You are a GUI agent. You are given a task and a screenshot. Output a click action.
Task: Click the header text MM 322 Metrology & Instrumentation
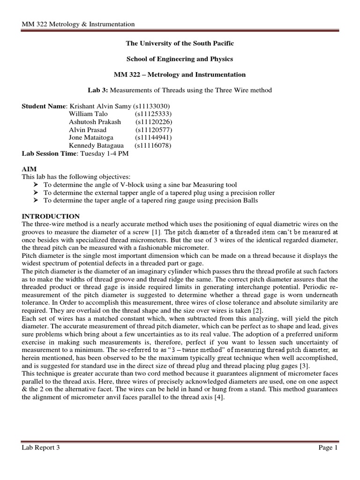[x=78, y=24]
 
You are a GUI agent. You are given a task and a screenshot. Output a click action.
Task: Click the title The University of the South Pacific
[x=180, y=43]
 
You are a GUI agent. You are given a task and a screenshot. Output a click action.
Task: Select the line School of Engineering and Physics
[x=180, y=59]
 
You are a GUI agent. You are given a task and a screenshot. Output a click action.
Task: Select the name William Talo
[x=88, y=114]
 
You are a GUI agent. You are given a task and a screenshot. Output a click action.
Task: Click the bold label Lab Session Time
[x=50, y=153]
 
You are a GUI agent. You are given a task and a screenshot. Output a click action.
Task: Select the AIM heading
[x=29, y=169]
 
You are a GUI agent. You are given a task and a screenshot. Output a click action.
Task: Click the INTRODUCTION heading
[x=51, y=216]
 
